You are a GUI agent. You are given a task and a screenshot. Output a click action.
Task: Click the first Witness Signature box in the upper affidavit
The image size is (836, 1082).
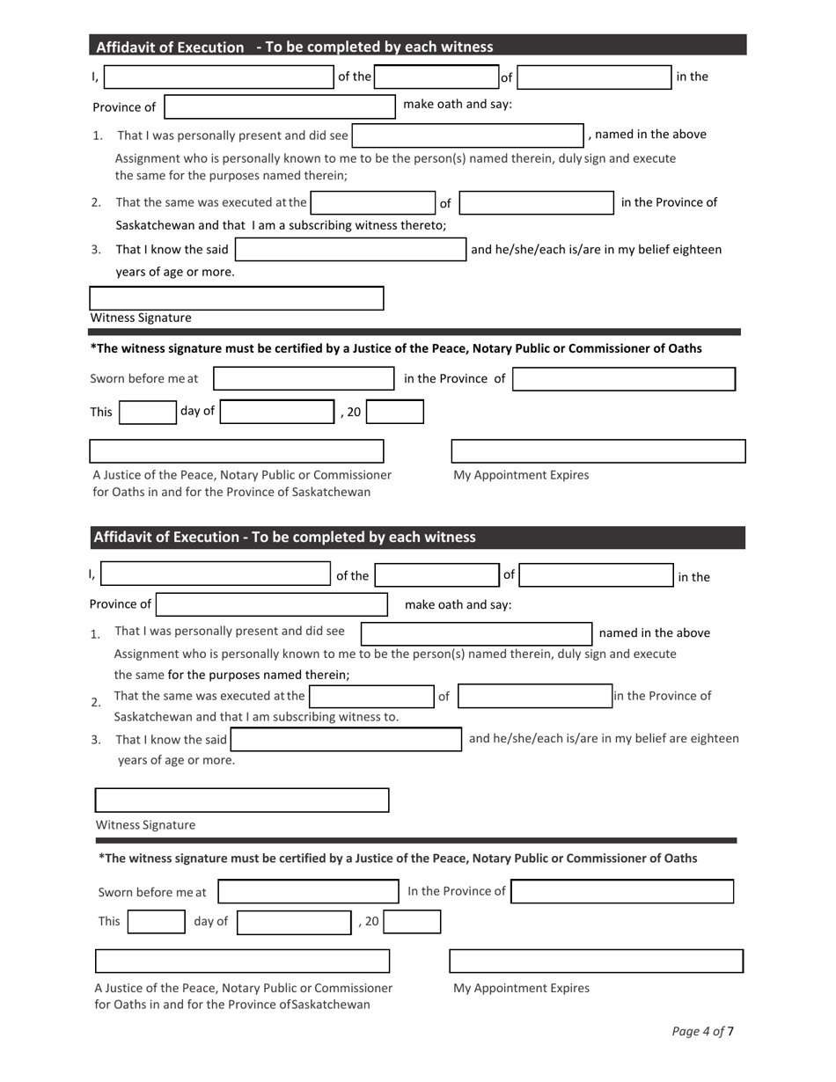[x=237, y=298]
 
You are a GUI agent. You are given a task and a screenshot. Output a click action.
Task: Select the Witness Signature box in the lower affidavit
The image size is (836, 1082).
[x=242, y=801]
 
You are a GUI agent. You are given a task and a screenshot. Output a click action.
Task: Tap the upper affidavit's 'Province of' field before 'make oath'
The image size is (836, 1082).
[x=280, y=106]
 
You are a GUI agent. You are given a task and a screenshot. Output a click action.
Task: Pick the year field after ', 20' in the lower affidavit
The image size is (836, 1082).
[x=412, y=922]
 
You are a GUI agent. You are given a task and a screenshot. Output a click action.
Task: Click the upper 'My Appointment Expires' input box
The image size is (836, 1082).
[x=598, y=451]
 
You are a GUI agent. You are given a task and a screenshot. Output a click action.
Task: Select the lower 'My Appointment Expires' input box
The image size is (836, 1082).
[x=597, y=961]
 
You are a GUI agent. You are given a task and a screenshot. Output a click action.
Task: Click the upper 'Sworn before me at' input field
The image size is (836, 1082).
[x=304, y=379]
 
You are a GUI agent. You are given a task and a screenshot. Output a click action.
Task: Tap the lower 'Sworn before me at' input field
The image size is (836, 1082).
[x=308, y=892]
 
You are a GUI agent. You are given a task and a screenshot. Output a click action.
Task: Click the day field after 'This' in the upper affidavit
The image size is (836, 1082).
[x=148, y=412]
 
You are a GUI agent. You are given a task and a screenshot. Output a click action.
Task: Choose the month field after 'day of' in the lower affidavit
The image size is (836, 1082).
[x=295, y=922]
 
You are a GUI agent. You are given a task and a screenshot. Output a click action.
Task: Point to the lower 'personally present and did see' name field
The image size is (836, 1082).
[x=477, y=633]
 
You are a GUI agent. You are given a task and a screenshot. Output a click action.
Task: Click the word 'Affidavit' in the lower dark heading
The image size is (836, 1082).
[x=123, y=537]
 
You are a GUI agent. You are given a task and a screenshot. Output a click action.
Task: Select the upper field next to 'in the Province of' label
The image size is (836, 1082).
[x=624, y=379]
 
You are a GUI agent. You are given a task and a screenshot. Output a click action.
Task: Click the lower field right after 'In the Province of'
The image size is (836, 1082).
[x=622, y=892]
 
